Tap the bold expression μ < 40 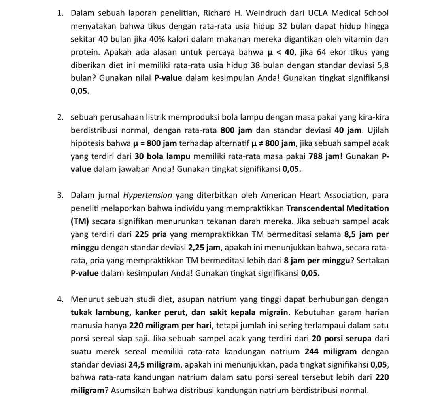tap(281, 52)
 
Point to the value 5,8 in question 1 tap(381, 65)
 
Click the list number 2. tap(60, 117)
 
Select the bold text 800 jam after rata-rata tap(237, 130)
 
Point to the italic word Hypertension tap(148, 195)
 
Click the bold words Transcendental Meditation tap(337, 208)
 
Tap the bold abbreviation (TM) tap(80, 221)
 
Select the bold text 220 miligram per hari tap(171, 326)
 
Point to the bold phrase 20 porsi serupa tap(342, 339)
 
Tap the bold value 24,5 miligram tap(155, 364)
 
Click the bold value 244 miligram tap(331, 352)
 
